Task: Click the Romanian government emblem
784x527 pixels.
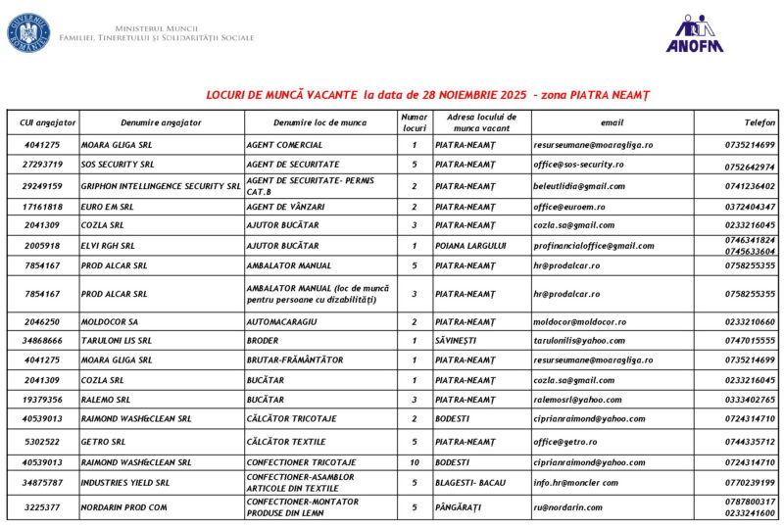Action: pos(28,33)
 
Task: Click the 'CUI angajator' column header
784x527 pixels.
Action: pos(43,122)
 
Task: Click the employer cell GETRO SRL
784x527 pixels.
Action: pos(103,442)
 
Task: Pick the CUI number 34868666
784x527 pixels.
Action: pos(43,341)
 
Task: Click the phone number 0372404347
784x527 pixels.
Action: pos(750,207)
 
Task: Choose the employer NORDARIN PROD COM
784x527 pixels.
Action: pos(123,507)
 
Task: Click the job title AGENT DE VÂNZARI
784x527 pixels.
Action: pos(285,207)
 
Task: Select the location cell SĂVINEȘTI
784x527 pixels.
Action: pos(460,341)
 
